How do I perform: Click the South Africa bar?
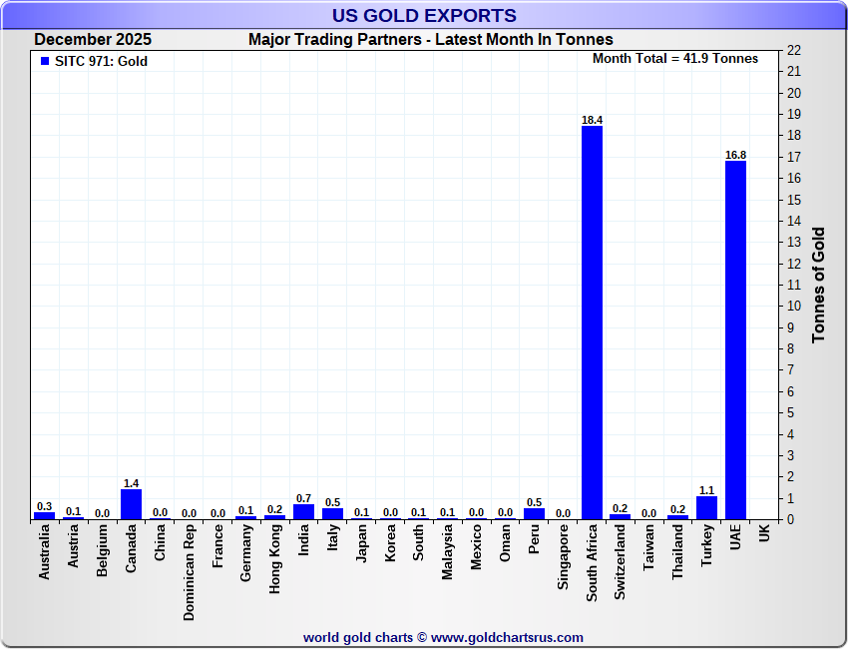coord(592,323)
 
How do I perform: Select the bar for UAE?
coord(735,339)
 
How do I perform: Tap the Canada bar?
coord(131,504)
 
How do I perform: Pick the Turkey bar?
coord(706,507)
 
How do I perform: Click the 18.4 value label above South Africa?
coord(592,120)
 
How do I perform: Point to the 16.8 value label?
coord(735,155)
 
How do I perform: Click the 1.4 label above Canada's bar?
coord(131,483)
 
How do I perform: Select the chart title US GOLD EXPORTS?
coord(424,15)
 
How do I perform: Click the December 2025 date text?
coord(93,40)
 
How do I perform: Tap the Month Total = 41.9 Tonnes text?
coord(675,58)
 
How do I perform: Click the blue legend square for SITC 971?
coord(44,61)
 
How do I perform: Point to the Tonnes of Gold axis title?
coord(818,285)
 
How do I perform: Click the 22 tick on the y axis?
coord(794,50)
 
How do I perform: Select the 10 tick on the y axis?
coord(794,307)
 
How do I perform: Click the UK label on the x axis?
coord(764,534)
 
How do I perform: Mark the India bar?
coord(303,511)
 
